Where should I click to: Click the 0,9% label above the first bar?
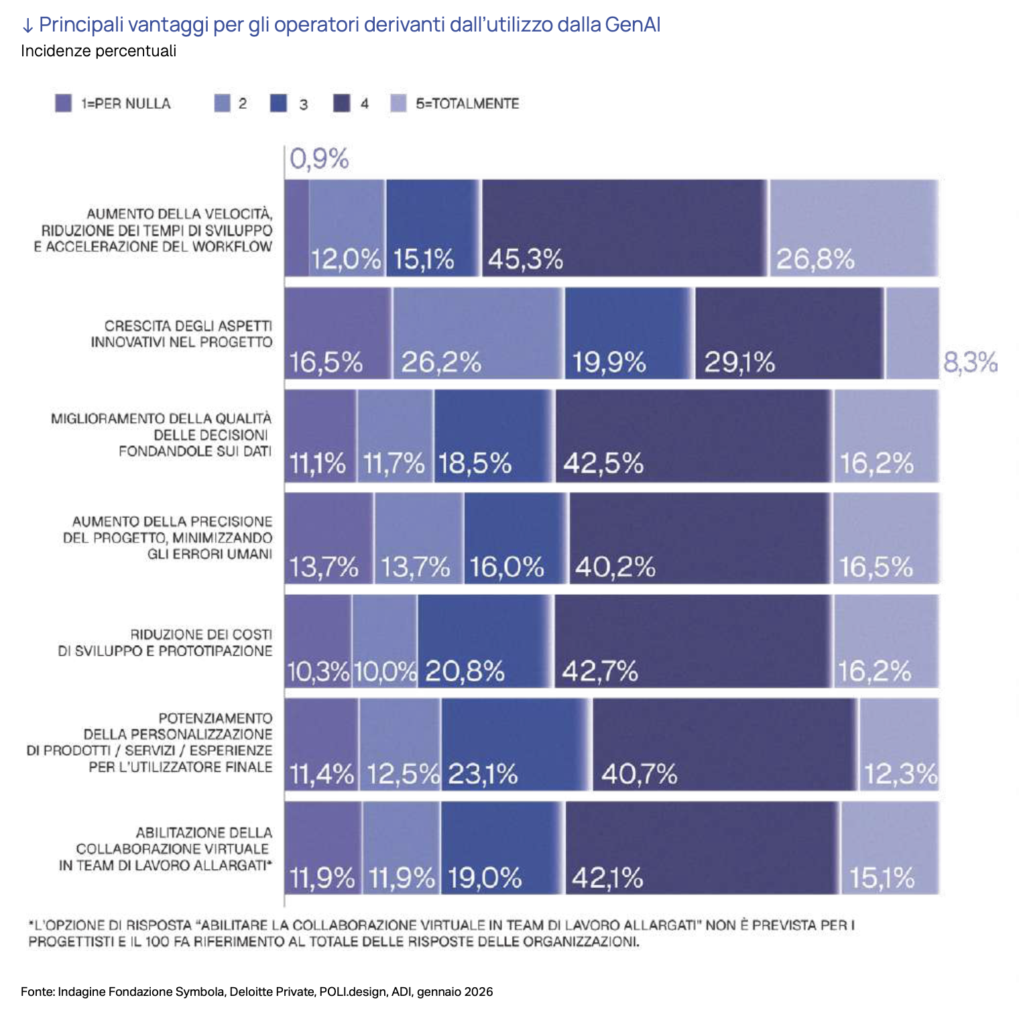[x=319, y=160]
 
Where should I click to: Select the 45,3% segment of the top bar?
[x=624, y=228]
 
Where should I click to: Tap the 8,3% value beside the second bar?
[x=970, y=363]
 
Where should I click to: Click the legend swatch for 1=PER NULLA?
[x=63, y=103]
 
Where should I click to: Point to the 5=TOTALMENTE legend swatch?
[x=398, y=103]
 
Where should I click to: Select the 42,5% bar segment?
[x=693, y=436]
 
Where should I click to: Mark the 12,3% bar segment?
[x=899, y=744]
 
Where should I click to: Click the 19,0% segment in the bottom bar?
[x=501, y=848]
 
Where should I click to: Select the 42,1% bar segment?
[x=702, y=848]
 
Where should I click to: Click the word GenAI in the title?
[x=632, y=25]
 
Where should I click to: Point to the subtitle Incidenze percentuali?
[x=99, y=51]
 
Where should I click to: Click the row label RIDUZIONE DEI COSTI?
[x=201, y=634]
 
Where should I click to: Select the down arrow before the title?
[x=27, y=26]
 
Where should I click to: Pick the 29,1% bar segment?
[x=789, y=333]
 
